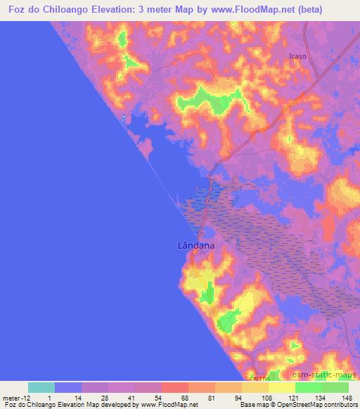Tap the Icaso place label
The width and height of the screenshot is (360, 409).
pos(298,56)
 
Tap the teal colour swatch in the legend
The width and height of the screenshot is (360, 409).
pos(41,387)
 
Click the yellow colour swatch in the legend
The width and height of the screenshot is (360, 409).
pos(281,387)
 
